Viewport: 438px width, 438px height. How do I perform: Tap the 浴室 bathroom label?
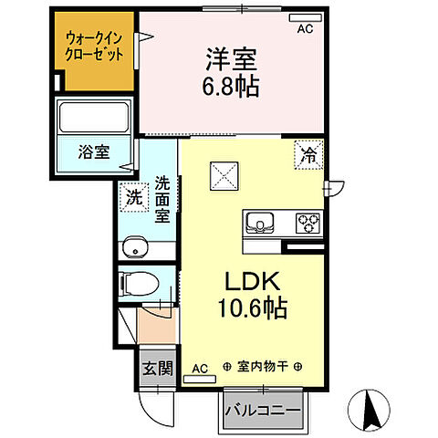pyautogui.click(x=92, y=151)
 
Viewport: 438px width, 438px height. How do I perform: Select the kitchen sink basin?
pyautogui.click(x=257, y=222)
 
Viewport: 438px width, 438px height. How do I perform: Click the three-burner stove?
pyautogui.click(x=308, y=222)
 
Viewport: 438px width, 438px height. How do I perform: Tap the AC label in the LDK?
pyautogui.click(x=200, y=368)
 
